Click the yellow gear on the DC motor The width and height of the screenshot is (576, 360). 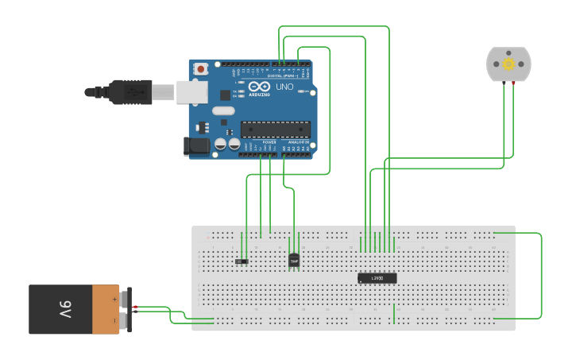(508, 64)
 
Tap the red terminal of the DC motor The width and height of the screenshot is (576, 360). (513, 82)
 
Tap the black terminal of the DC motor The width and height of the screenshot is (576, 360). (504, 82)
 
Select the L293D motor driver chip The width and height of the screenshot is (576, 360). (377, 278)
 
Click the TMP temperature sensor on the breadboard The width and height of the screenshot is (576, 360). (294, 260)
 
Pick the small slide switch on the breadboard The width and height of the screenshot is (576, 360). (242, 261)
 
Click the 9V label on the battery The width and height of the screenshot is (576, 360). (64, 309)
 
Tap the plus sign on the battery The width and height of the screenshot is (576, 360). (114, 299)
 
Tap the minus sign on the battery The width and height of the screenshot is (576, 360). (114, 320)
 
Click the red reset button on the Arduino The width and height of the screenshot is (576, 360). (200, 69)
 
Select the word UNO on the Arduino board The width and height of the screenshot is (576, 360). (284, 87)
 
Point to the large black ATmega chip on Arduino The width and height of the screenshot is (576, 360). (275, 129)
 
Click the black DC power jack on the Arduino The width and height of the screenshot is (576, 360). (195, 145)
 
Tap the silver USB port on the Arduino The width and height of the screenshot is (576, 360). (191, 91)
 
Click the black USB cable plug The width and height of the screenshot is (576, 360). (131, 91)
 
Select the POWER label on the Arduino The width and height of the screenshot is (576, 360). (258, 141)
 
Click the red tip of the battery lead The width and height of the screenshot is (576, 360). (136, 308)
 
